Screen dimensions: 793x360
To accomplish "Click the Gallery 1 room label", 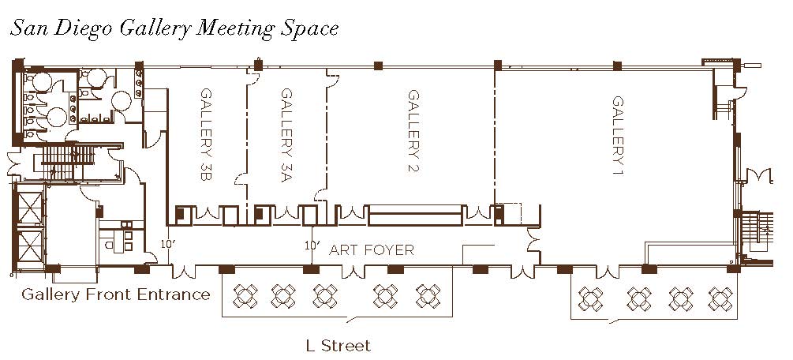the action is pyautogui.click(x=618, y=137).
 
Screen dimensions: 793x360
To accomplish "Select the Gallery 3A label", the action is pyautogui.click(x=286, y=135).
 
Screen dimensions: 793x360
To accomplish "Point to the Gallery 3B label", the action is pyautogui.click(x=207, y=135).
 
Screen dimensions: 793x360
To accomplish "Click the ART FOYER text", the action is pyautogui.click(x=372, y=249).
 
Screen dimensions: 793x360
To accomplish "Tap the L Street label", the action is pyautogui.click(x=339, y=346).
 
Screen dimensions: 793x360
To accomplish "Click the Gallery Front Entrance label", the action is pyautogui.click(x=116, y=294).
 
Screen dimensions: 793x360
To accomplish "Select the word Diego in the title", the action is pyautogui.click(x=83, y=28).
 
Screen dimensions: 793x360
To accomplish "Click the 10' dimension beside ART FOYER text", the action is pyautogui.click(x=312, y=246).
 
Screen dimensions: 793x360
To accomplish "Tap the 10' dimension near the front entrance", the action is pyautogui.click(x=168, y=243).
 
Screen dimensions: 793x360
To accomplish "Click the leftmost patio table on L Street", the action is pyautogui.click(x=245, y=296).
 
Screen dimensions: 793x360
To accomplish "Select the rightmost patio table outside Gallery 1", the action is pyautogui.click(x=720, y=298).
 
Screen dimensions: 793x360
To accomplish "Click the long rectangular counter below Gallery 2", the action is pyautogui.click(x=416, y=216).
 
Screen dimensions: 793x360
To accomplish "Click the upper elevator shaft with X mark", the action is pyautogui.click(x=29, y=206).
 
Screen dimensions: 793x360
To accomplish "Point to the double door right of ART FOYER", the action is pyautogui.click(x=533, y=240).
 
